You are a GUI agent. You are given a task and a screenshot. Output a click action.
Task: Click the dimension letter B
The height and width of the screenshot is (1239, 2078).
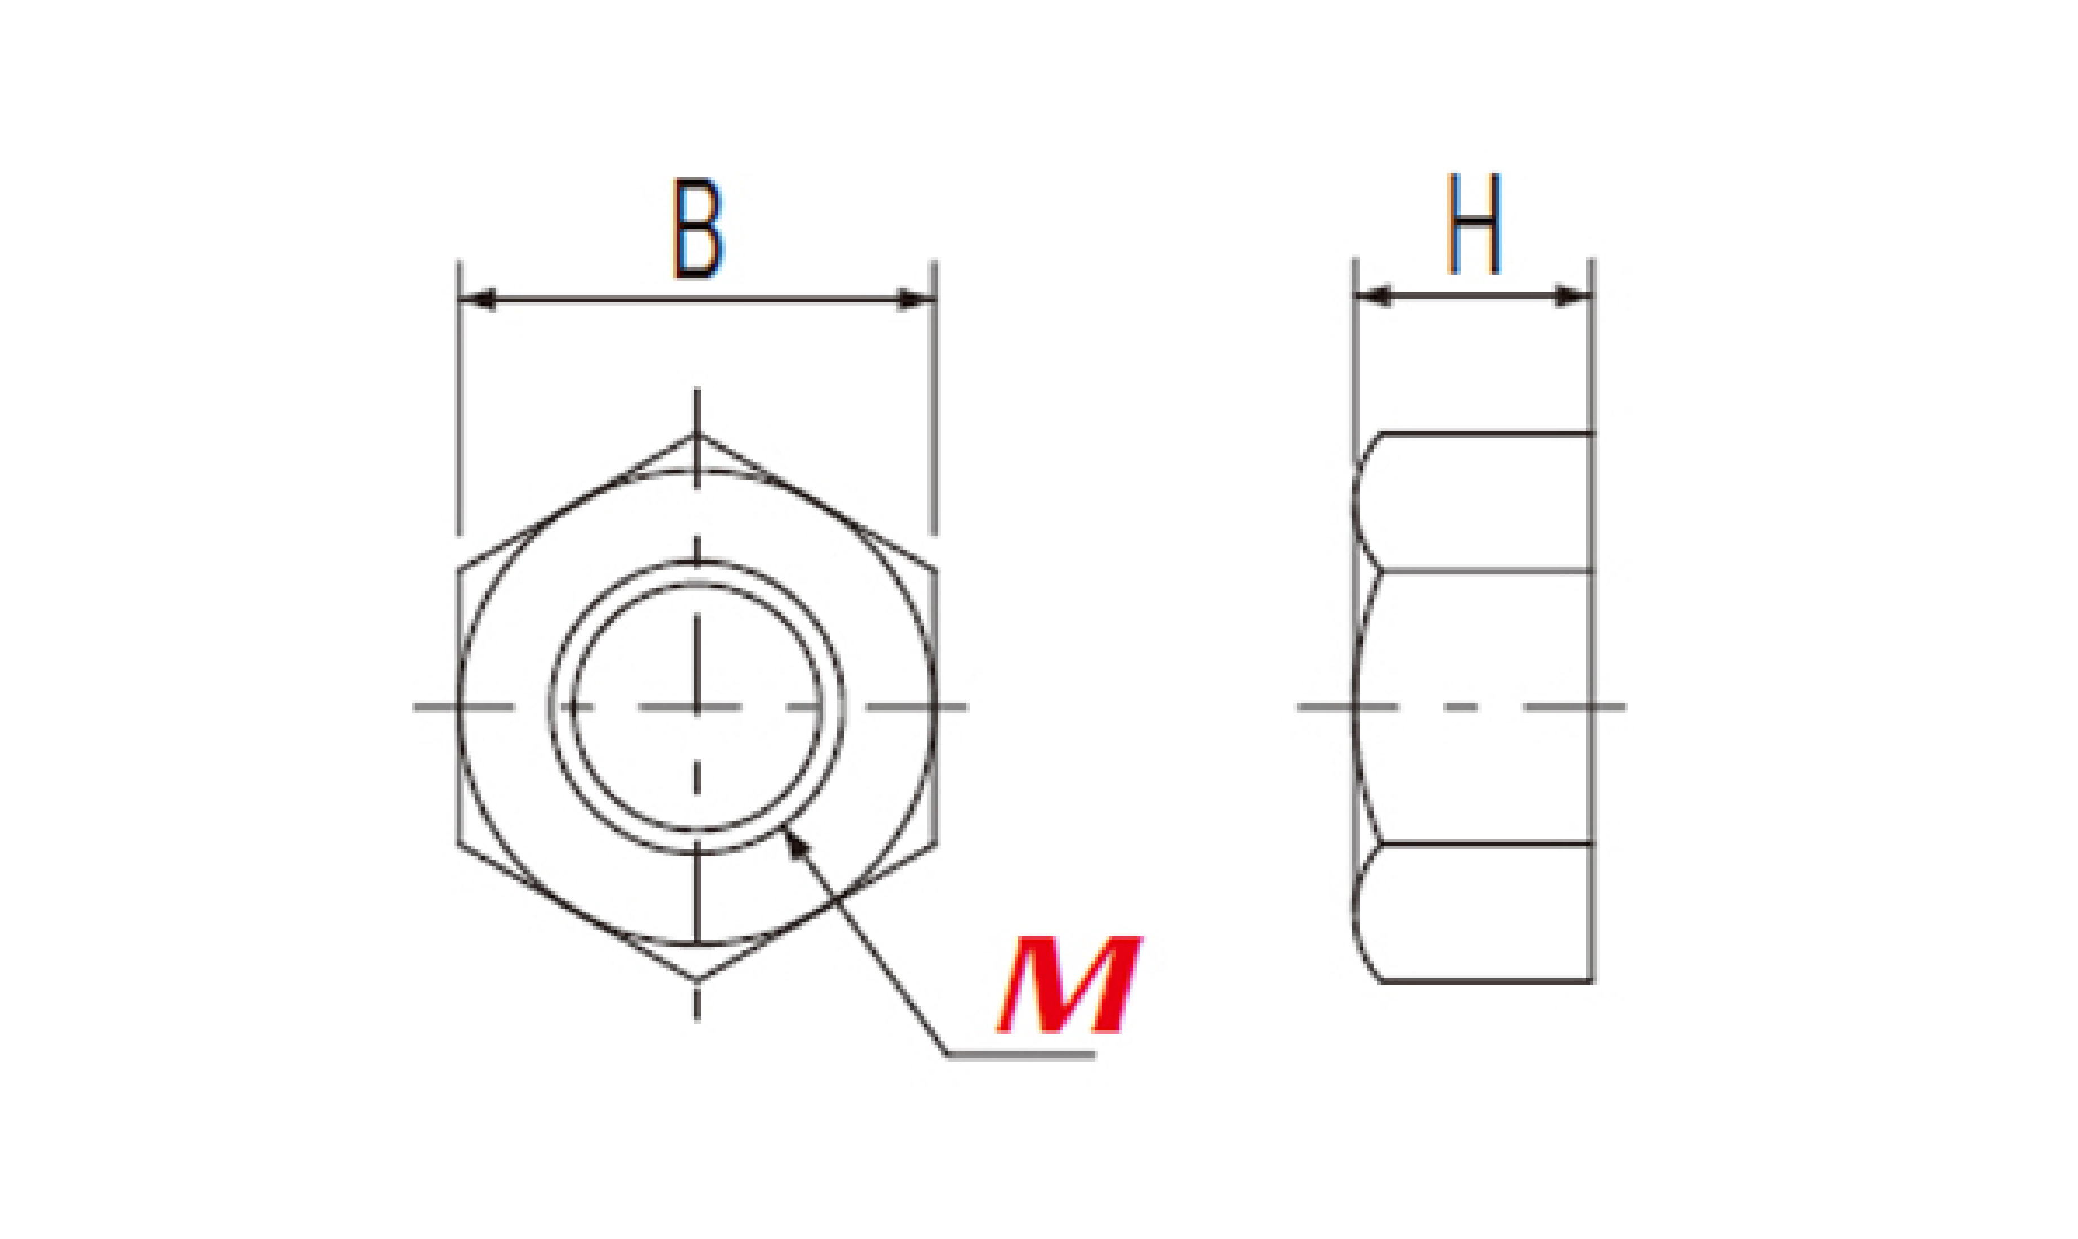(x=697, y=228)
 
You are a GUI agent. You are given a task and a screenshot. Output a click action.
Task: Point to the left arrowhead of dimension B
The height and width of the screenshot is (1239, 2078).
(x=478, y=299)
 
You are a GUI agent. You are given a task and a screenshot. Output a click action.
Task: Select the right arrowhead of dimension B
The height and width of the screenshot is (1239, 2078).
(x=915, y=299)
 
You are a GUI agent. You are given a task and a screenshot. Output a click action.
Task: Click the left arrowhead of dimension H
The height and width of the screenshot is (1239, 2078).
(x=1373, y=295)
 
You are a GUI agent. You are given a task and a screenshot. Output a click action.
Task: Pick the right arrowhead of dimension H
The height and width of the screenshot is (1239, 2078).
(x=1573, y=295)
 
